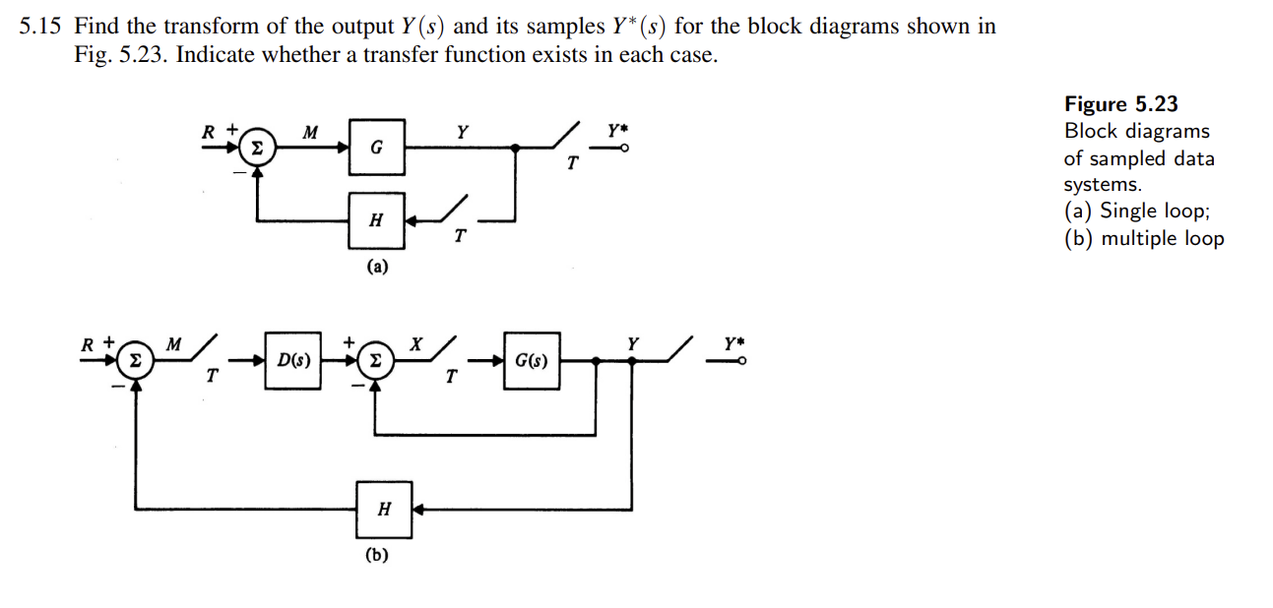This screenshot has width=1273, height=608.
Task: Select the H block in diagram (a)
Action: pyautogui.click(x=375, y=220)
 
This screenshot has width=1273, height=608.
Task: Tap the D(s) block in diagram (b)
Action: pyautogui.click(x=293, y=361)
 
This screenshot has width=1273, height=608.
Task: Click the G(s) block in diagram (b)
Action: pyautogui.click(x=532, y=361)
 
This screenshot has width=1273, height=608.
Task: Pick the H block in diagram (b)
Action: pyautogui.click(x=384, y=509)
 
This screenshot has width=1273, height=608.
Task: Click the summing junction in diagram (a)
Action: pyautogui.click(x=257, y=149)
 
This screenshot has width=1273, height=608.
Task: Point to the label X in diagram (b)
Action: pyautogui.click(x=415, y=343)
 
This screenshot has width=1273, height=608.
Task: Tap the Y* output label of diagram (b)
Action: pyautogui.click(x=733, y=343)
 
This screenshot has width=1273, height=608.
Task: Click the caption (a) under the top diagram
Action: pyautogui.click(x=376, y=266)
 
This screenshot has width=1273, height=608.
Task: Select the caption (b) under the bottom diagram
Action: pyautogui.click(x=376, y=555)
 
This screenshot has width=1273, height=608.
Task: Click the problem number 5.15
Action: pyautogui.click(x=40, y=27)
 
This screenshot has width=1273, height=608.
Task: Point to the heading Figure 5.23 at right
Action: pyautogui.click(x=1120, y=104)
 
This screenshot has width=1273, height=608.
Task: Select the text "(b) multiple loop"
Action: pyautogui.click(x=1144, y=238)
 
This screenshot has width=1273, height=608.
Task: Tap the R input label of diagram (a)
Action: pyautogui.click(x=209, y=131)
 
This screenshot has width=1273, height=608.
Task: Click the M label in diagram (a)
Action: pyautogui.click(x=310, y=131)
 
